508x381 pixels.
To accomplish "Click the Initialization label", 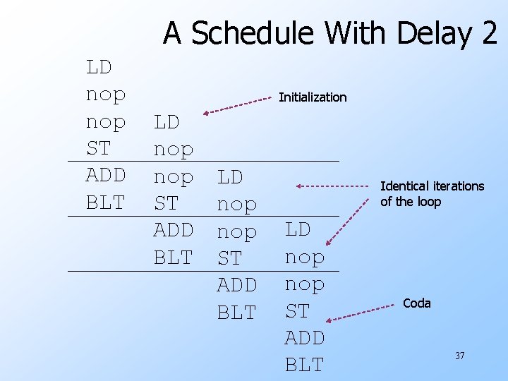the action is (313, 97).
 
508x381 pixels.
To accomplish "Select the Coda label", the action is (416, 303).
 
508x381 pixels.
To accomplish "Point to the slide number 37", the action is (459, 356).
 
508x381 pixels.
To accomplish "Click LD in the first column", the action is (99, 67).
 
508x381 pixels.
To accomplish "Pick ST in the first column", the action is (98, 149).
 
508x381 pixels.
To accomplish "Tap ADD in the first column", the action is (105, 176).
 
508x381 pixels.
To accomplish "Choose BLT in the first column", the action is (105, 203).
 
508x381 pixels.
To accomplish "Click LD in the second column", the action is (167, 122).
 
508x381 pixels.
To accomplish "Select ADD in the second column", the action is (173, 230).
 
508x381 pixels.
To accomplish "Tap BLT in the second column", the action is (173, 258).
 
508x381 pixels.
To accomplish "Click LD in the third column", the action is (230, 176).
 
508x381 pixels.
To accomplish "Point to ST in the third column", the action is (229, 258).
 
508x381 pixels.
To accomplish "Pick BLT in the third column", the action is (236, 312).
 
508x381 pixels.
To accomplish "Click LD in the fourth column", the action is (298, 230).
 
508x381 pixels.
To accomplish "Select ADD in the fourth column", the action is (304, 338).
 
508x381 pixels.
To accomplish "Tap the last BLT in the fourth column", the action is (304, 365).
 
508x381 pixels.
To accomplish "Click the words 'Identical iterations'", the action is (432, 186).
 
